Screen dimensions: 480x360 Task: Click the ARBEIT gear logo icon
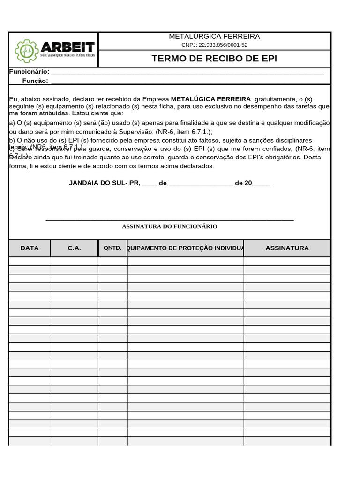click(26, 51)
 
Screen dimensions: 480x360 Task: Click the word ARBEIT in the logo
click(67, 47)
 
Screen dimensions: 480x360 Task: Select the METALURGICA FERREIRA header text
click(214, 37)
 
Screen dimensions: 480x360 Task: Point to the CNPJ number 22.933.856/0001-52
click(214, 45)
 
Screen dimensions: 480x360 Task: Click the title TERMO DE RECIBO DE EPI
click(214, 59)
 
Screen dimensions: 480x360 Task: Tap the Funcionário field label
click(29, 72)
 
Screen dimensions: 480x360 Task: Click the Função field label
click(35, 81)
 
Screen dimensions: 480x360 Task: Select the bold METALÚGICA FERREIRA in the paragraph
click(211, 99)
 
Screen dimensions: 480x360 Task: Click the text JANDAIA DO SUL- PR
click(104, 183)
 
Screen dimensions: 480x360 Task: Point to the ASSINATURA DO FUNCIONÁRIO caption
click(170, 226)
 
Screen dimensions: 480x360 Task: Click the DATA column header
click(30, 248)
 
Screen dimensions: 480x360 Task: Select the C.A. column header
click(74, 248)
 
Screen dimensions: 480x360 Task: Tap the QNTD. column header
click(112, 248)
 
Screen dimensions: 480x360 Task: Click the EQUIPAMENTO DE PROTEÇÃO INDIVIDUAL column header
click(186, 248)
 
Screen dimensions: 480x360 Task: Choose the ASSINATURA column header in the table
click(287, 248)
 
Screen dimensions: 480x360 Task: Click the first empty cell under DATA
click(30, 261)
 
